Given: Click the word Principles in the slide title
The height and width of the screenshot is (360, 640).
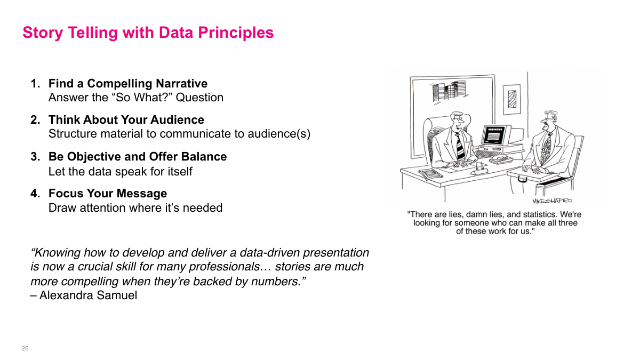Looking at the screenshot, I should [236, 33].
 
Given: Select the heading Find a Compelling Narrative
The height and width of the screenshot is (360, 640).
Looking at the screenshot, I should [128, 84].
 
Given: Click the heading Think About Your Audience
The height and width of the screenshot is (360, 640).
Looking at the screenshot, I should [126, 120].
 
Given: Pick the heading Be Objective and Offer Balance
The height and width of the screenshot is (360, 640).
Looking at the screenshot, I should [138, 157].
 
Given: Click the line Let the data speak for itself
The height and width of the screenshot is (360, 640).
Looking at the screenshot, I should [121, 172].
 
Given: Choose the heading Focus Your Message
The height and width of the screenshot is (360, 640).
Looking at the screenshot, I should [108, 194].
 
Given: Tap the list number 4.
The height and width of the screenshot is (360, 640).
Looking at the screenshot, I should [35, 194].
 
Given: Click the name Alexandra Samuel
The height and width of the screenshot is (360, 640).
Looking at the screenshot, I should [88, 295].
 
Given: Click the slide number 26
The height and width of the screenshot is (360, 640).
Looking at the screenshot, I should [25, 348].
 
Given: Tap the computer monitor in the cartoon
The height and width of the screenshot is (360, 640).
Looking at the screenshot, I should [494, 135].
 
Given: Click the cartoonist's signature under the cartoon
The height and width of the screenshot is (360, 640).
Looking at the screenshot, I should [552, 201].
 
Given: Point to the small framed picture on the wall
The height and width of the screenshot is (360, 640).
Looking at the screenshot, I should [511, 99].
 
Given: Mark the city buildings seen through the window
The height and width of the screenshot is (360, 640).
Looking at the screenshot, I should [445, 92].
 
